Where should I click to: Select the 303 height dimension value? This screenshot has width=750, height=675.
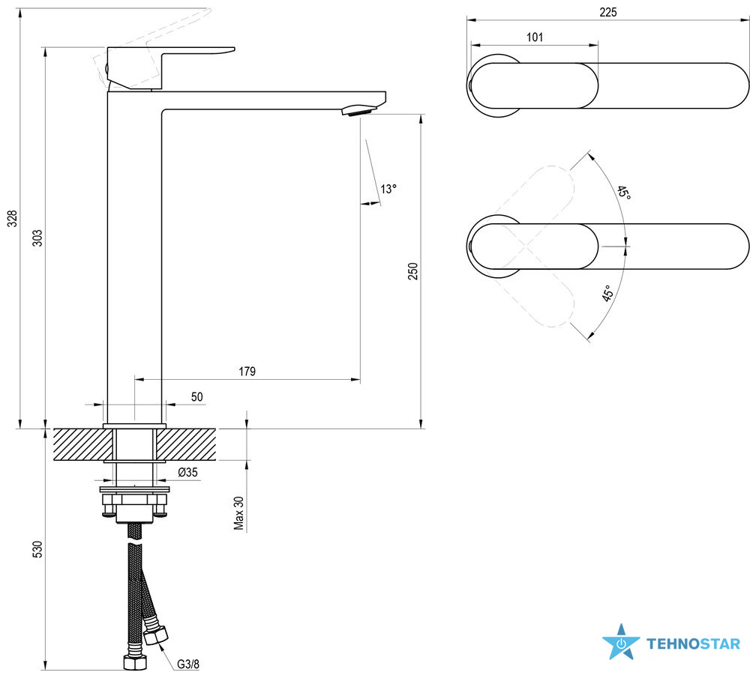click(37, 237)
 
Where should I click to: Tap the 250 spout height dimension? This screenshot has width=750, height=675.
click(412, 271)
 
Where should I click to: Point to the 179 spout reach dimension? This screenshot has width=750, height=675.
click(247, 371)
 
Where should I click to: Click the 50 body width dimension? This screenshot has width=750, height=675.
click(196, 396)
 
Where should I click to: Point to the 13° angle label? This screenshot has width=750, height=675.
click(387, 189)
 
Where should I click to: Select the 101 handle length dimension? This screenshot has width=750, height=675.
click(535, 37)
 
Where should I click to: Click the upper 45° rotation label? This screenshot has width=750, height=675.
click(623, 193)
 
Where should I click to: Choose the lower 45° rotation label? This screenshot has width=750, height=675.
click(608, 293)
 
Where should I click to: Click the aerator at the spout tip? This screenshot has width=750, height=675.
click(358, 112)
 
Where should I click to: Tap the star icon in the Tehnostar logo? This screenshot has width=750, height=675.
click(621, 643)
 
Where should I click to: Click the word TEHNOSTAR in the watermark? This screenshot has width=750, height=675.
click(693, 644)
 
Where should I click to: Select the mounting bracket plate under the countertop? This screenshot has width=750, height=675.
click(135, 492)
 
